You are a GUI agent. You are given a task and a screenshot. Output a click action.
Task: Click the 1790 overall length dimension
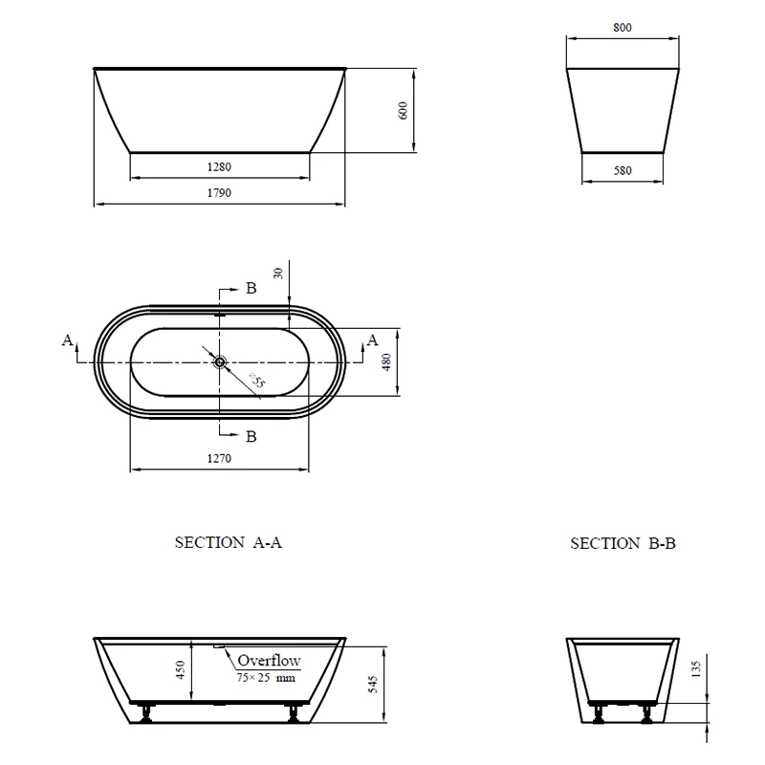point(219,193)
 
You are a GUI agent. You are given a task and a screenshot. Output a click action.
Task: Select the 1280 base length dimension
point(219,167)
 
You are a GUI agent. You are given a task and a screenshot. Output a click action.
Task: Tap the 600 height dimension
point(403,111)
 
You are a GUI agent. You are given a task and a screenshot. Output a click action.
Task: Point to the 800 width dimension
point(623,28)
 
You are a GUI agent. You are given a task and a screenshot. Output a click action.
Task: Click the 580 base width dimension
point(623,171)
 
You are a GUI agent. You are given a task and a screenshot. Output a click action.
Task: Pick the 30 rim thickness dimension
point(278,273)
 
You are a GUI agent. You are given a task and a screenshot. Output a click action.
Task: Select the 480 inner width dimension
point(386,362)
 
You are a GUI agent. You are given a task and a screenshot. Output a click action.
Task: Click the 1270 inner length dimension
point(219,459)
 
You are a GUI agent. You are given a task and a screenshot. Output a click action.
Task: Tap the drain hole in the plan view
point(220,362)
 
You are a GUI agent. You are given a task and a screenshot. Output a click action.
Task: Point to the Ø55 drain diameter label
point(257,381)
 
